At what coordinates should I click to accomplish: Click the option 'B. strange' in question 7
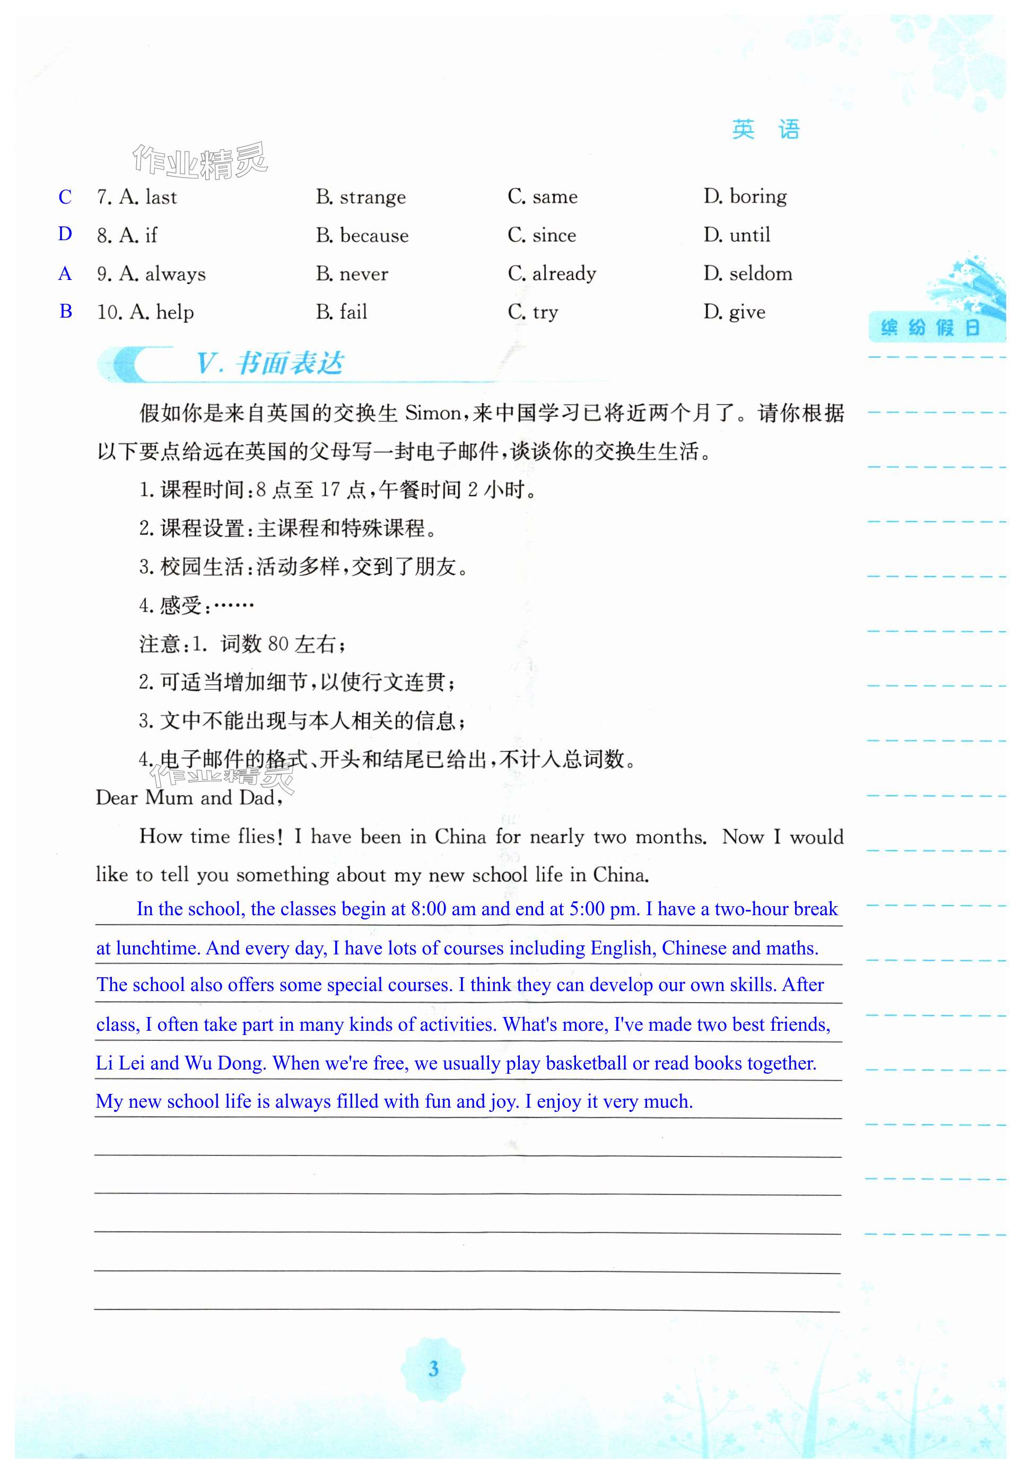(361, 197)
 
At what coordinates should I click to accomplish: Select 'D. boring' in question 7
(745, 196)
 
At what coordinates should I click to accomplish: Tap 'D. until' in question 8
(737, 235)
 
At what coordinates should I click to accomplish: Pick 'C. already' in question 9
(552, 274)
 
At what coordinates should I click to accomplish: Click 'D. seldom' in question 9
(748, 274)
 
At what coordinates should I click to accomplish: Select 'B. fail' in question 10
(342, 312)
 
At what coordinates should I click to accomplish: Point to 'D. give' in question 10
(735, 312)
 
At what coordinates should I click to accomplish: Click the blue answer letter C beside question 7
(65, 197)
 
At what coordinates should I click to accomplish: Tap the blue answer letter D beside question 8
(65, 234)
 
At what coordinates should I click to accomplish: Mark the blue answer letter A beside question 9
(65, 274)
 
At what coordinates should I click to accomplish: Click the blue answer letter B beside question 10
(65, 311)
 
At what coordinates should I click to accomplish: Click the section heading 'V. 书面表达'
(270, 363)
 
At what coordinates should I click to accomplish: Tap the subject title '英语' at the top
(766, 130)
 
